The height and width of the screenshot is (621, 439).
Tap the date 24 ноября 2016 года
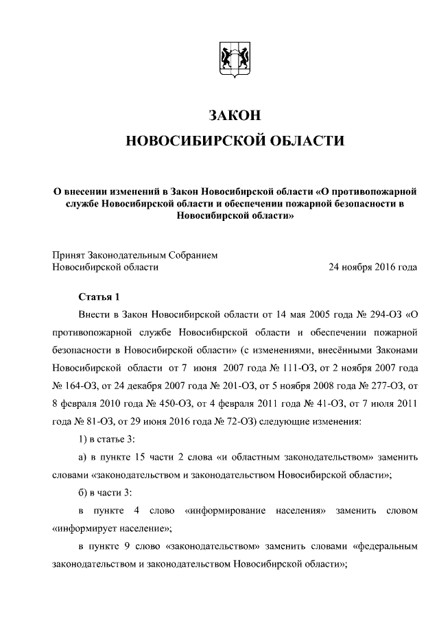pos(373,267)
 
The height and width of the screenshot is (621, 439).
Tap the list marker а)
pos(84,457)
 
